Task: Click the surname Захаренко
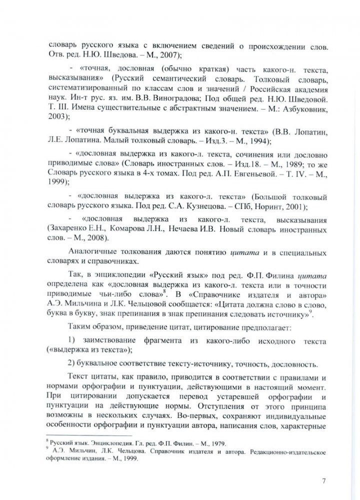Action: [70, 228]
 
